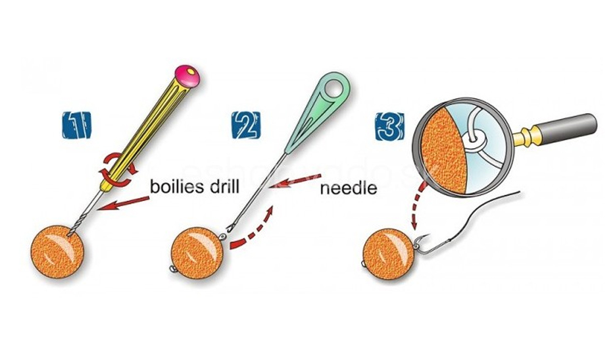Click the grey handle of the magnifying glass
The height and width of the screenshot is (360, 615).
click(565, 128)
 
